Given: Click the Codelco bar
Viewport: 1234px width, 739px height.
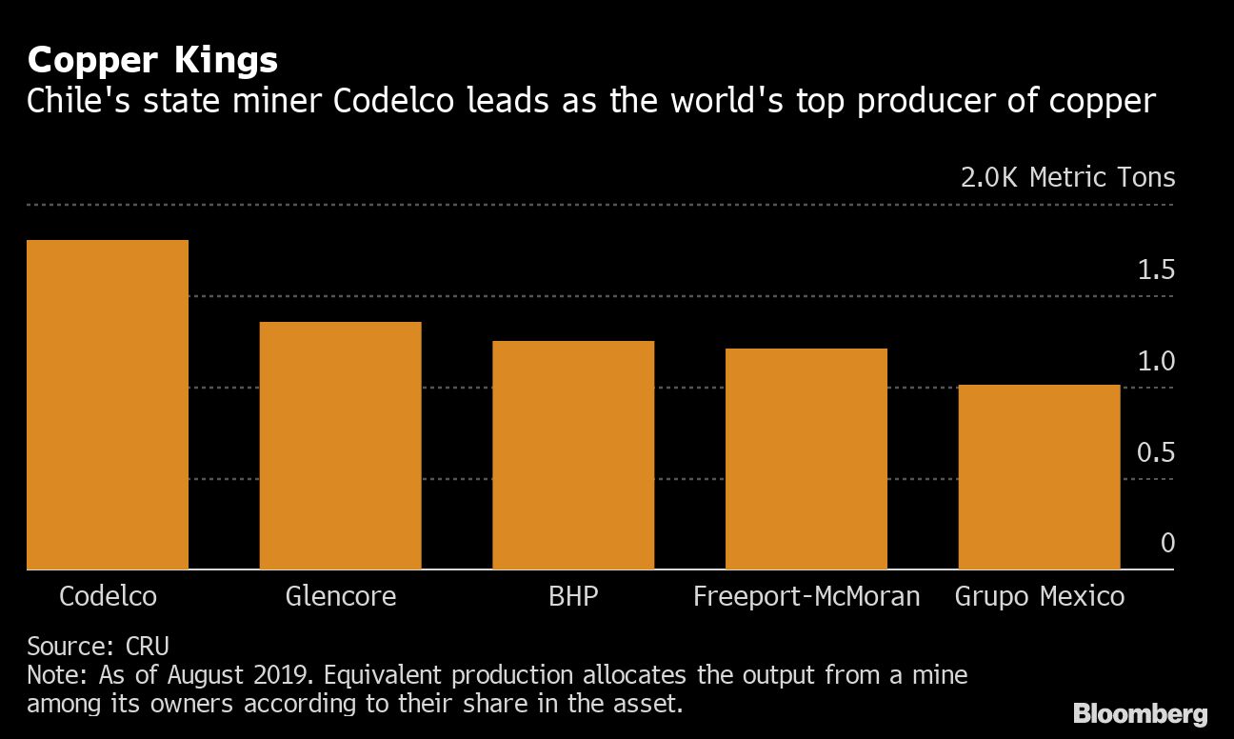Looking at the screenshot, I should click(x=108, y=405).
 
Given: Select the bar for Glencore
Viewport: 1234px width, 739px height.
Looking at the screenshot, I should click(x=341, y=446).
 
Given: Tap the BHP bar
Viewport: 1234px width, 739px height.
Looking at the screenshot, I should click(x=573, y=455).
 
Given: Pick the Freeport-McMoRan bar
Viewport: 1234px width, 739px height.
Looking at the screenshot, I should click(x=806, y=459).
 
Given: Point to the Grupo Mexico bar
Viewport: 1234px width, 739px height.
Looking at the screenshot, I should click(x=1039, y=477).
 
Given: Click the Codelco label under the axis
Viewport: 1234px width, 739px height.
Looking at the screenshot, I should click(x=108, y=597).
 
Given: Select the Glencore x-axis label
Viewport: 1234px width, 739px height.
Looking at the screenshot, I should click(x=341, y=597).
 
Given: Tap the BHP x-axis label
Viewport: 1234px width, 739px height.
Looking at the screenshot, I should click(x=573, y=597).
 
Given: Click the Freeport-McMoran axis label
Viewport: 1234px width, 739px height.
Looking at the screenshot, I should click(x=806, y=597).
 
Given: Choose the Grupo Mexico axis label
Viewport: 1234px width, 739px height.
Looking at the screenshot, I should click(x=1040, y=597).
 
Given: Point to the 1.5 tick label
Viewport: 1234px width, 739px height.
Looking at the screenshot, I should click(x=1156, y=271).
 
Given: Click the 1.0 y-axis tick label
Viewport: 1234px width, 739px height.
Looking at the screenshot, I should click(x=1156, y=362).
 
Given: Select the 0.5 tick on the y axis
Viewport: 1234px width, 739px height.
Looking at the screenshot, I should click(x=1156, y=452).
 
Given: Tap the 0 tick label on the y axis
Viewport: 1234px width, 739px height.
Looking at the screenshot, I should click(x=1167, y=543).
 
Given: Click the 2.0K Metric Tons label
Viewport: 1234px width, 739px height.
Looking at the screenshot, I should click(x=1068, y=178).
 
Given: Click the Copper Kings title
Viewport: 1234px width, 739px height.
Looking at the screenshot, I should click(x=152, y=61).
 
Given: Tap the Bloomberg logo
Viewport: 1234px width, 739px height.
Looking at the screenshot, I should click(x=1140, y=713).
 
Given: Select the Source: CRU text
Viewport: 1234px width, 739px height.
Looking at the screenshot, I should click(x=98, y=647).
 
